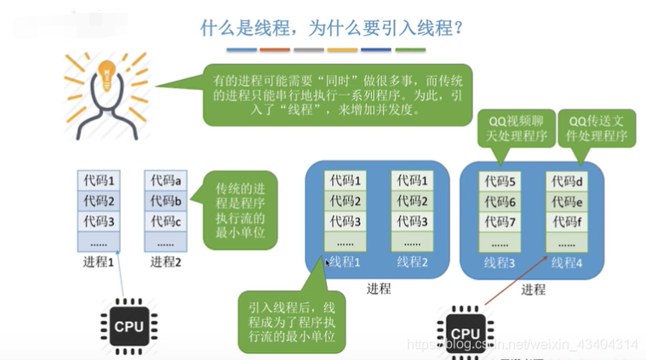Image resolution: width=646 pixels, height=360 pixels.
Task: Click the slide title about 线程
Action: pyautogui.click(x=331, y=29)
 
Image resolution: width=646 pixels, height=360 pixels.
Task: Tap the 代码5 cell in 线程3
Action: pyautogui.click(x=500, y=181)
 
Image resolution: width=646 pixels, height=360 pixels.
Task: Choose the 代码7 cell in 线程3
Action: pyautogui.click(x=500, y=222)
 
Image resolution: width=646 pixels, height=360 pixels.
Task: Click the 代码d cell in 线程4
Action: pyautogui.click(x=567, y=181)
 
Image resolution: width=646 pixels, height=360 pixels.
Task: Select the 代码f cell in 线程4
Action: pyautogui.click(x=567, y=222)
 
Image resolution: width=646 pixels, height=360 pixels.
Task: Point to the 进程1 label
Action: pyautogui.click(x=99, y=261)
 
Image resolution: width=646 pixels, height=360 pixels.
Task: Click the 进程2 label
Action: pyautogui.click(x=167, y=261)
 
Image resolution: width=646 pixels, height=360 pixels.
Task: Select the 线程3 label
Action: pyautogui.click(x=500, y=262)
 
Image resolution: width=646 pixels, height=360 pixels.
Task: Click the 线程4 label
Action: pyautogui.click(x=567, y=262)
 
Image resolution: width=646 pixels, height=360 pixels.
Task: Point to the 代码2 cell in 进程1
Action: pyautogui.click(x=99, y=201)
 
